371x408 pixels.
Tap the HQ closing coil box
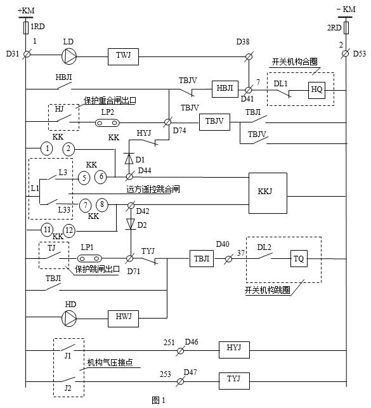coord(316,90)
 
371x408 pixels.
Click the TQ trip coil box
coord(300,259)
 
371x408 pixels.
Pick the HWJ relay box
coord(122,315)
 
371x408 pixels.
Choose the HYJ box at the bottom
coord(234,349)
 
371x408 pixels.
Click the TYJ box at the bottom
coord(234,380)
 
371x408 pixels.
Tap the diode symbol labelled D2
coord(129,224)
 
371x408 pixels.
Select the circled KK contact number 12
coord(69,229)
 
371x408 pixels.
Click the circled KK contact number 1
coord(47,149)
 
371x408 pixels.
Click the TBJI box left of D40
coord(202,259)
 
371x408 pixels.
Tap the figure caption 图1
coord(158,400)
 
